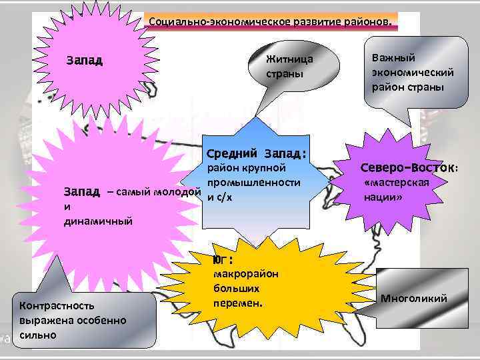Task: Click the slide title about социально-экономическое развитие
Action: (x=271, y=21)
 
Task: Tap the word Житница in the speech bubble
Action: (x=289, y=59)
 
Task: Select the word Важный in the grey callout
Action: (x=393, y=58)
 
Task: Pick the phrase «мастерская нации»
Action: (x=396, y=190)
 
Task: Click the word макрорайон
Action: (x=246, y=274)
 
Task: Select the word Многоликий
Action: (x=413, y=298)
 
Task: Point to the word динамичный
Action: (x=98, y=221)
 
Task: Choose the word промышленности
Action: (x=253, y=182)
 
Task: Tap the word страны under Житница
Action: (x=284, y=73)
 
